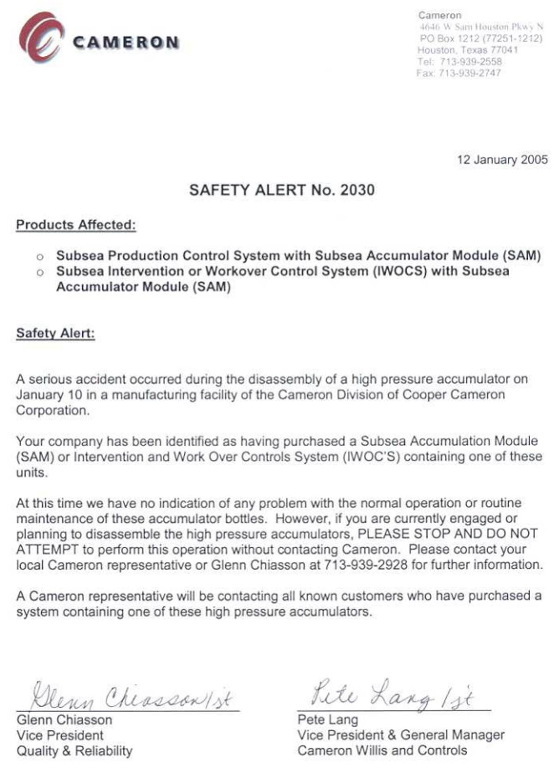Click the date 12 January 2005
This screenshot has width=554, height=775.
[502, 160]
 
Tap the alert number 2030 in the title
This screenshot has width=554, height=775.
[357, 190]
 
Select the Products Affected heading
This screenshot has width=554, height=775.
[76, 225]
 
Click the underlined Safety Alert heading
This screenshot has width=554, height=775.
[55, 334]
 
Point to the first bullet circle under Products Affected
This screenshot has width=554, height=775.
[40, 256]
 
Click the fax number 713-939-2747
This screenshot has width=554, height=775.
[470, 73]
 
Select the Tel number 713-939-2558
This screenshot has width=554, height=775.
[470, 61]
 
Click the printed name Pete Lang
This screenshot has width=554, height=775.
[327, 720]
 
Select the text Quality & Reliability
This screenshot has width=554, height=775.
[74, 751]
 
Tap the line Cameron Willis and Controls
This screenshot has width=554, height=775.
[382, 751]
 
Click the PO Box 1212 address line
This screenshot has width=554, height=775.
[481, 38]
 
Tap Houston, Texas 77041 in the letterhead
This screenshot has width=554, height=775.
[467, 50]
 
